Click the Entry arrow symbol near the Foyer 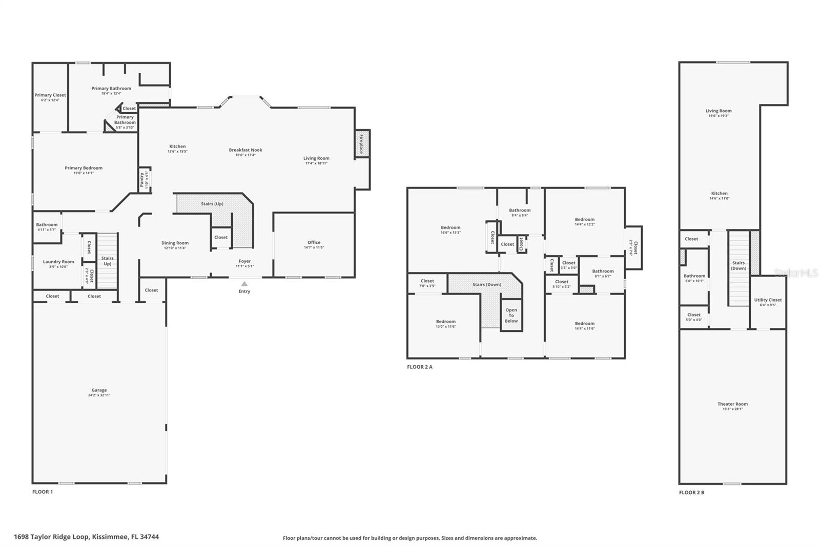pos(244,284)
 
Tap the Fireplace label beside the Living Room pos(361,143)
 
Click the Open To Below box pos(511,316)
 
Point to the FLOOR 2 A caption pos(420,367)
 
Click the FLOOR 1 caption pos(43,492)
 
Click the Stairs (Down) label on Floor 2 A pos(487,284)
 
